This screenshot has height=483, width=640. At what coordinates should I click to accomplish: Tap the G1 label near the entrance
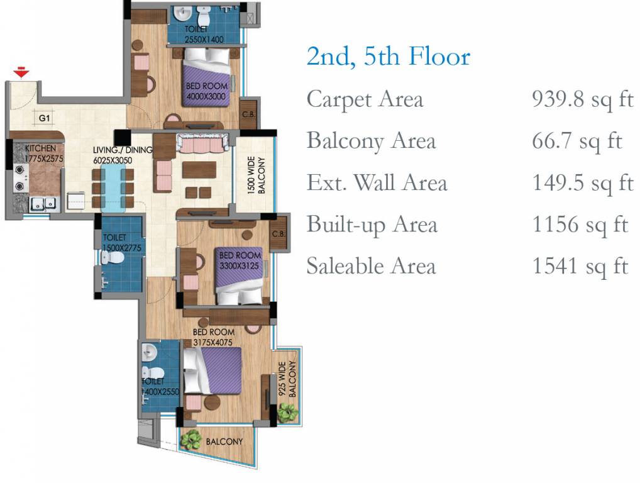point(44,118)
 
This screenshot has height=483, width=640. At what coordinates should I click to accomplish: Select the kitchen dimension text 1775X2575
point(44,158)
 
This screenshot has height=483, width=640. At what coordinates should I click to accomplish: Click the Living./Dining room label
point(123,150)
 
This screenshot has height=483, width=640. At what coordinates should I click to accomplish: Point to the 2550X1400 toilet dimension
point(204,40)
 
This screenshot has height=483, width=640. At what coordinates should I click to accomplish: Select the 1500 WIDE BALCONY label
point(257,175)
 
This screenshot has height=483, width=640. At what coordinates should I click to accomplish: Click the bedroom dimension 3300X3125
point(239,266)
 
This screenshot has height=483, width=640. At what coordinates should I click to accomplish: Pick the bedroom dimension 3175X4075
point(212,342)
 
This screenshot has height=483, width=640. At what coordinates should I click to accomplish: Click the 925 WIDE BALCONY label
point(287,379)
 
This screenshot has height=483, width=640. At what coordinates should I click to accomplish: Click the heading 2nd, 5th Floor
point(388,57)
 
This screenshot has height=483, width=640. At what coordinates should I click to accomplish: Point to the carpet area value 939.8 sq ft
point(582,100)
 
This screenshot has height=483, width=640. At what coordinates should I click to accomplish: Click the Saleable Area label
point(371,266)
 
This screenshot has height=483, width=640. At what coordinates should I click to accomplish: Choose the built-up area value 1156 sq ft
point(580,225)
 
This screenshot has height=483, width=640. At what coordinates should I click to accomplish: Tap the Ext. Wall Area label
point(377,182)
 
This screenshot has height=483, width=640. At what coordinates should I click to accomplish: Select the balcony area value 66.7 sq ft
point(577,142)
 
